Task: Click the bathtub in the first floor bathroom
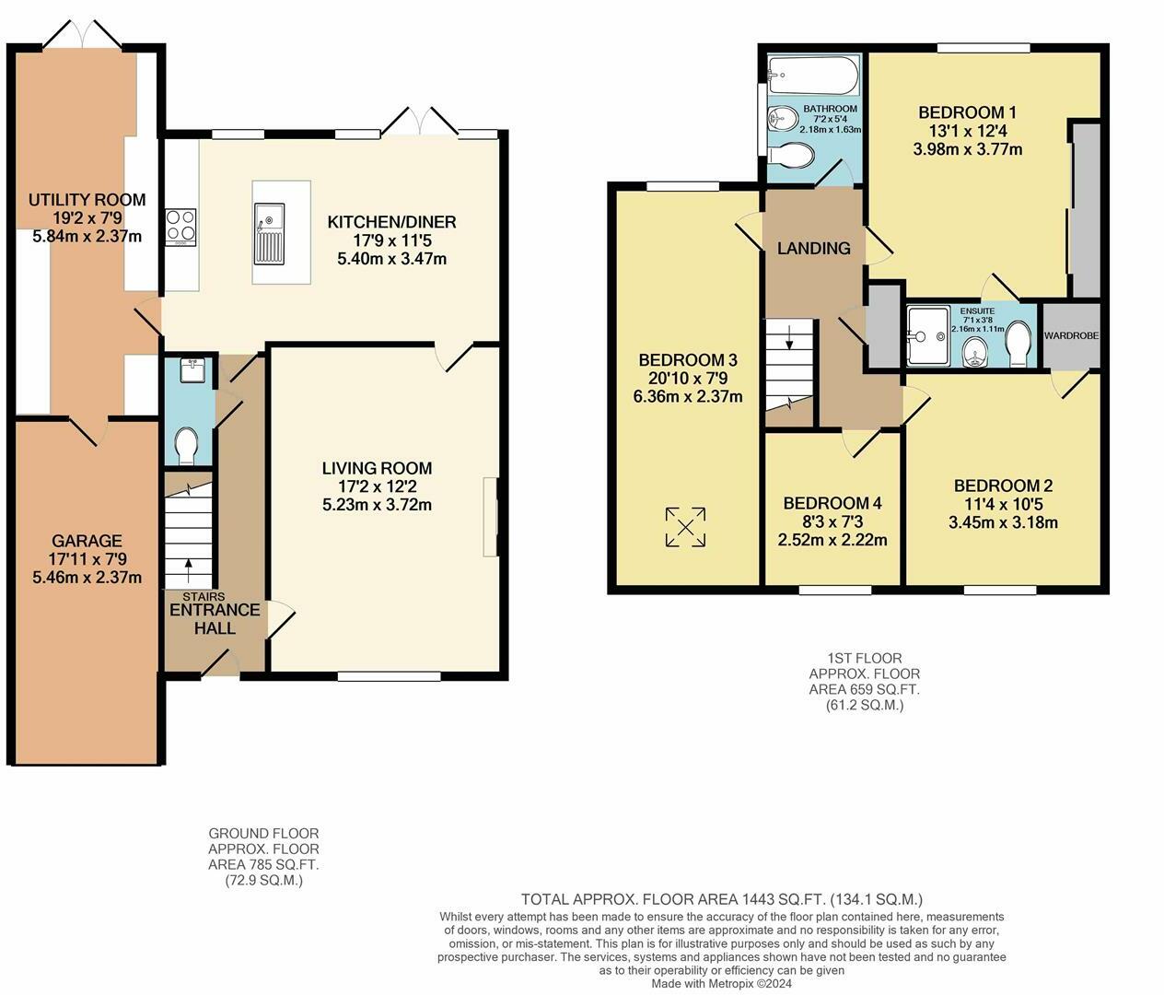pos(812,76)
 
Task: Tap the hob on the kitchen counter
pos(180,227)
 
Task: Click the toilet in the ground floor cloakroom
pos(188,446)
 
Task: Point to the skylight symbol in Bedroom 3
pos(685,527)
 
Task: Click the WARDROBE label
pos(1071,336)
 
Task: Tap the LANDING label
pos(813,248)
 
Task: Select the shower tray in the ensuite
pos(927,336)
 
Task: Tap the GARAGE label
pos(87,541)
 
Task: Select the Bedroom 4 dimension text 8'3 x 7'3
pos(832,521)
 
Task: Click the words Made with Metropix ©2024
pos(721,983)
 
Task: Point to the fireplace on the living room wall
pos(490,517)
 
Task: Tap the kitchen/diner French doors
pos(420,122)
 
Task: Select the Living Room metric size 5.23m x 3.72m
pos(377,504)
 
